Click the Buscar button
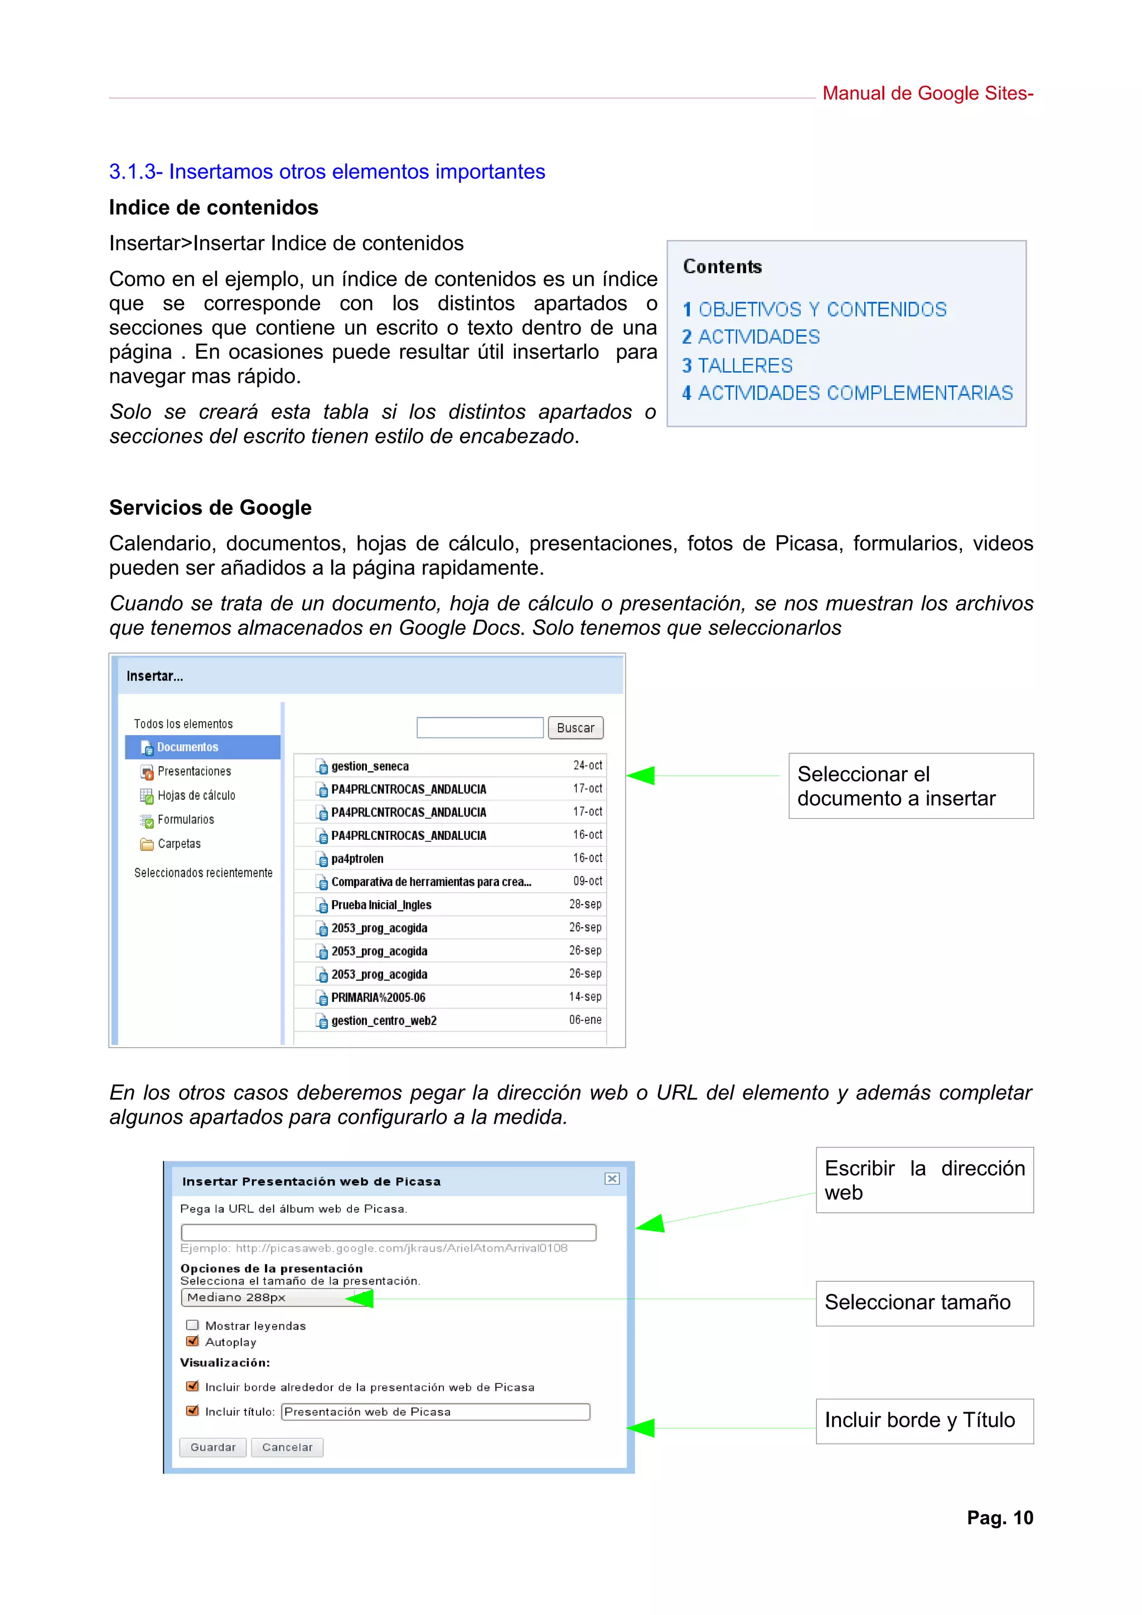point(575,727)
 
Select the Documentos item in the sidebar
point(187,747)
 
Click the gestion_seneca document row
point(370,766)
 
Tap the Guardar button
point(212,1447)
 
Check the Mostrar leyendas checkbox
point(192,1325)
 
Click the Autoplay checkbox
point(192,1341)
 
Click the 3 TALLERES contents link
point(737,366)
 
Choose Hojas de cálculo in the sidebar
point(196,796)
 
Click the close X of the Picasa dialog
point(612,1179)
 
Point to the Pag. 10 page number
point(999,1517)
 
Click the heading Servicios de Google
point(210,508)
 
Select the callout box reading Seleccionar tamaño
point(924,1303)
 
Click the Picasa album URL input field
point(389,1232)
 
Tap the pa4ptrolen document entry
point(357,859)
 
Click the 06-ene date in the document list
point(585,1020)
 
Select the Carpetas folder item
point(179,844)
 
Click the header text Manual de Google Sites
point(927,94)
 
